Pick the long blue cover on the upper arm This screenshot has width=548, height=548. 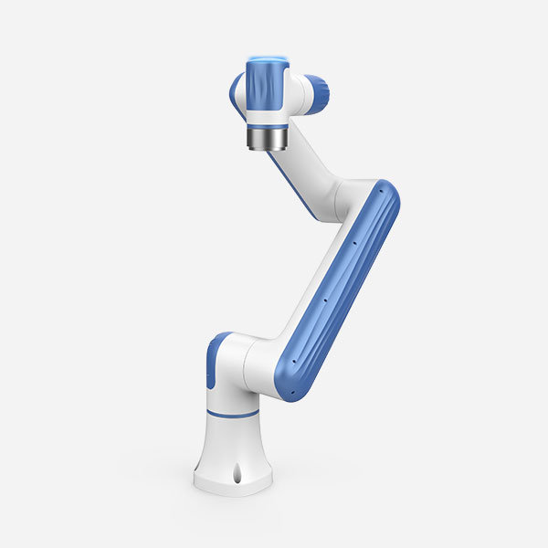(x=342, y=292)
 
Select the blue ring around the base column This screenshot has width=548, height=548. (x=232, y=414)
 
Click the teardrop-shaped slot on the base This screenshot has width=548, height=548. (x=237, y=475)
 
